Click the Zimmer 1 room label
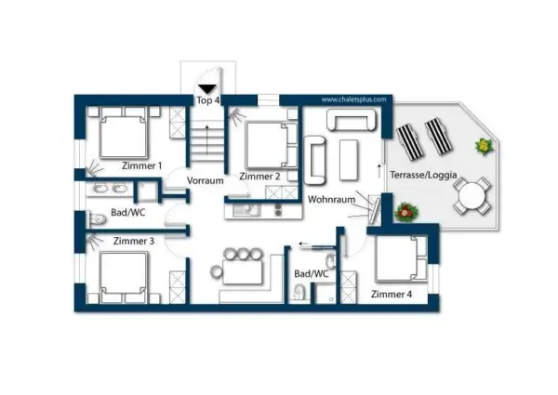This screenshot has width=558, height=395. tap(141, 165)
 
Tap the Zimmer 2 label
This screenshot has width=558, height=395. tap(259, 177)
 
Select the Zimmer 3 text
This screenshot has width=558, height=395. tap(134, 241)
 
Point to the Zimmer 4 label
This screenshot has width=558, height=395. tap(392, 295)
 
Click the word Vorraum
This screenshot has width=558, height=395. tap(206, 180)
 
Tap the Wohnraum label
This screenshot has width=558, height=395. tap(332, 200)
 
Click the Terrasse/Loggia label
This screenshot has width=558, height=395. tap(423, 175)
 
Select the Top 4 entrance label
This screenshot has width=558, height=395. tap(207, 100)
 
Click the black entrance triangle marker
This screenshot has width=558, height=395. tap(207, 89)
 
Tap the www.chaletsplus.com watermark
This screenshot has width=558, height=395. tap(353, 99)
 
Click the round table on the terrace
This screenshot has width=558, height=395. tap(472, 196)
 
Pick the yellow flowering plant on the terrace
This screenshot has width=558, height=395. tap(484, 146)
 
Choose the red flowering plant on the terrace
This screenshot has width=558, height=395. tap(406, 212)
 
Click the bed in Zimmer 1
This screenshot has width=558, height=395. tap(124, 132)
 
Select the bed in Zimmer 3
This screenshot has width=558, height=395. tap(124, 277)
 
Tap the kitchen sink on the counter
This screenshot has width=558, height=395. tap(246, 210)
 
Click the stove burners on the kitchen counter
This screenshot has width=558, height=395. tap(278, 210)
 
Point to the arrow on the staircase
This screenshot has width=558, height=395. tap(206, 139)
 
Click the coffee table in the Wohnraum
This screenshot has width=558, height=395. tap(349, 160)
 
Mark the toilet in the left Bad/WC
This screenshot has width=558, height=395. tap(97, 219)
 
